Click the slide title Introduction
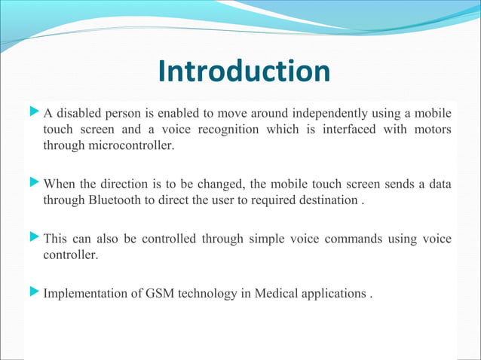click(244, 72)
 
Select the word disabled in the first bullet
click(79, 114)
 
